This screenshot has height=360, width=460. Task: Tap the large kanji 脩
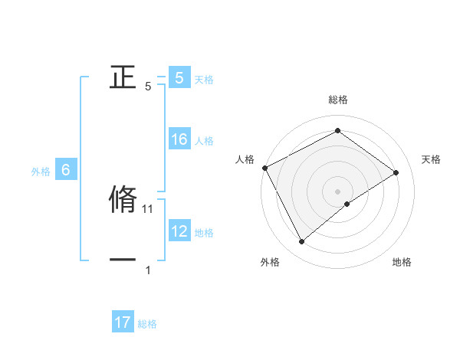[123, 198]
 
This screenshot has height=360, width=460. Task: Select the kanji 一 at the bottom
[123, 260]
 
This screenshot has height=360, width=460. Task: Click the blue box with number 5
[179, 78]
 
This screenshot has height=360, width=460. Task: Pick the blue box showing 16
[179, 139]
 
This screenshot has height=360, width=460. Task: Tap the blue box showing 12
[179, 231]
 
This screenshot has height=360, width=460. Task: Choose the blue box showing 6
[65, 170]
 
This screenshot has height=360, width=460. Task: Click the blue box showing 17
[123, 322]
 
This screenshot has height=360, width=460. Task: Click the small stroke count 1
[148, 270]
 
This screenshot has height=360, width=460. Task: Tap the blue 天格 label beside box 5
[204, 80]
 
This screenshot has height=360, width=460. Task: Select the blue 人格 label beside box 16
[204, 141]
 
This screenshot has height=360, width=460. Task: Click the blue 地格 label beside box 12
[204, 233]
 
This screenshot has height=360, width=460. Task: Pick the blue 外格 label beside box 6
[41, 172]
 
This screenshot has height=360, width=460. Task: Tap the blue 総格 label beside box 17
[147, 324]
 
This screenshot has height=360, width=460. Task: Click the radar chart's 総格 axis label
[337, 100]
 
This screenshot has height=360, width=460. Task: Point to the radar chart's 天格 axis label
[432, 159]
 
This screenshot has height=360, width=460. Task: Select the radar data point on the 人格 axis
[264, 168]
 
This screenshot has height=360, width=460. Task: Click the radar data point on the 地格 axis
[347, 204]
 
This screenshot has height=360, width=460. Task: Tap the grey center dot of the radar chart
[337, 191]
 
